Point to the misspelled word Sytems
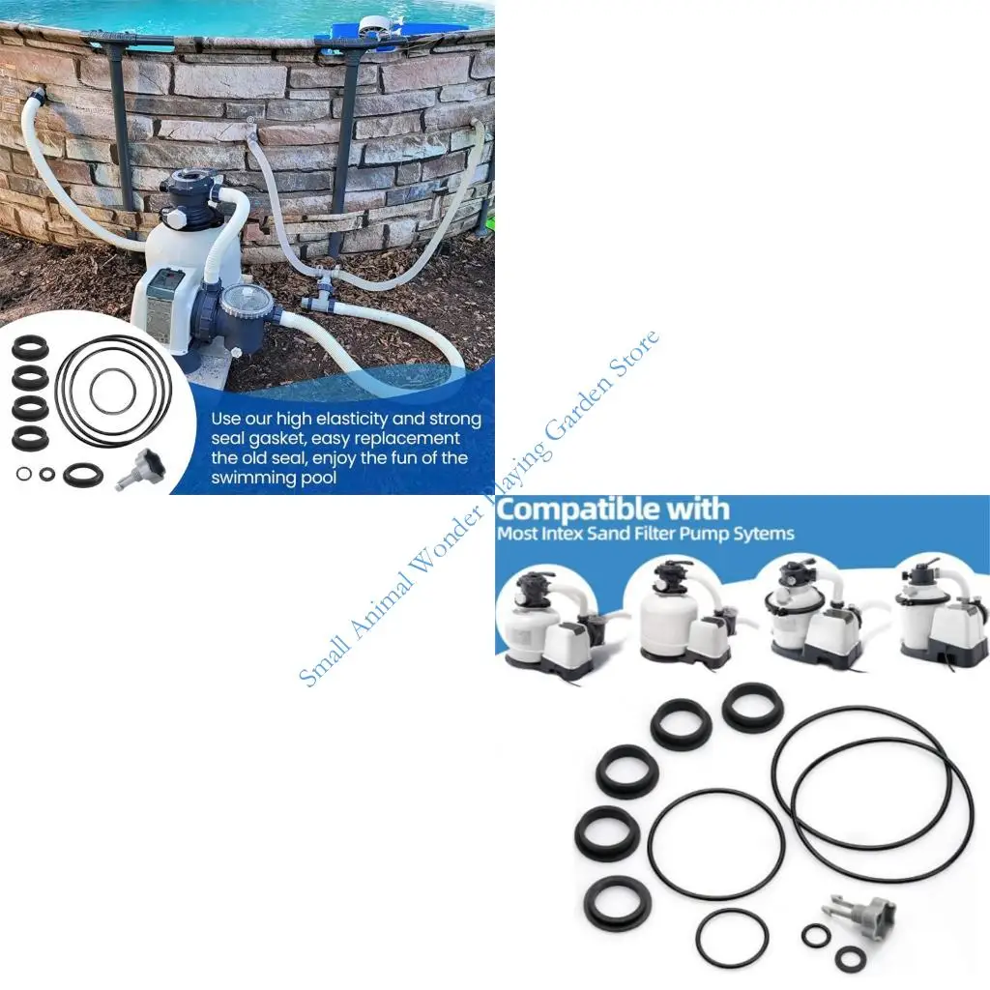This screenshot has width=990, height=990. pos(762,534)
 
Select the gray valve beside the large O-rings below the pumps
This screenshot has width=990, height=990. pos(858,912)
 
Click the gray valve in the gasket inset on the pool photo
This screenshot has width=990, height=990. pos(141,468)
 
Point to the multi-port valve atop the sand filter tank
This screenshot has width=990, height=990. pos(192,197)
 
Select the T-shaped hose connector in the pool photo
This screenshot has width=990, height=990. pos(322,290)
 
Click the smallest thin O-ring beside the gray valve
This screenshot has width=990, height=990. pos(815,935)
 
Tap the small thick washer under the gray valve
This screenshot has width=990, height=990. pos(850,958)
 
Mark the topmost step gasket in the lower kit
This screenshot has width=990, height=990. pos(752,706)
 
